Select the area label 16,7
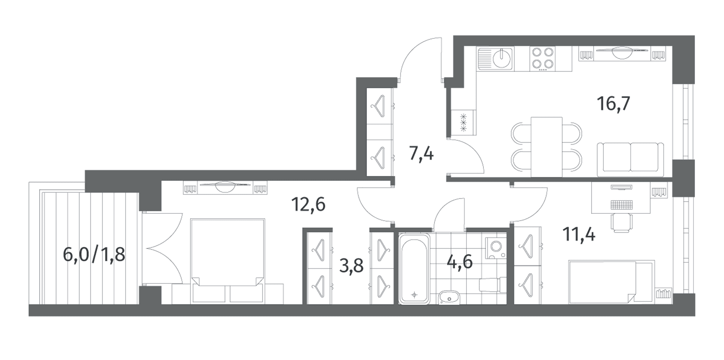pyautogui.click(x=614, y=103)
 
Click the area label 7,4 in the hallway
pyautogui.click(x=422, y=154)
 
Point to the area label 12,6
pyautogui.click(x=308, y=204)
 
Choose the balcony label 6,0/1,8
pyautogui.click(x=94, y=255)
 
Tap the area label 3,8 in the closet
pyautogui.click(x=351, y=266)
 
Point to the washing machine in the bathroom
pyautogui.click(x=495, y=247)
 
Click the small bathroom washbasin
pyautogui.click(x=449, y=297)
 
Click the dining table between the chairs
pyautogui.click(x=546, y=147)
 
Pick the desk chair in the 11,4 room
pyautogui.click(x=620, y=222)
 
